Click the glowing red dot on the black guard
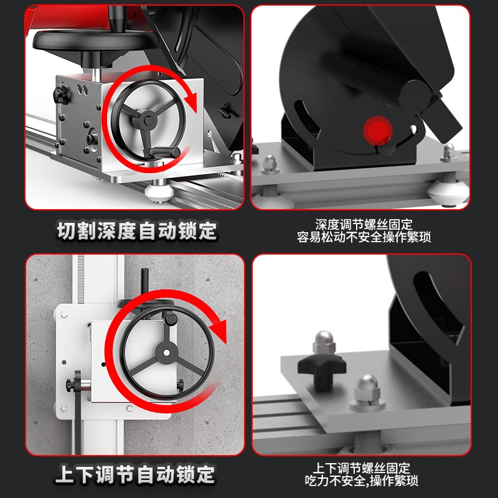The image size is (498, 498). click(378, 131)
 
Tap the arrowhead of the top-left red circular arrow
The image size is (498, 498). click(191, 100)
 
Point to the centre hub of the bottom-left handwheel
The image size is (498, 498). click(166, 352)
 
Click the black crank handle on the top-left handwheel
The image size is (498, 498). click(165, 152)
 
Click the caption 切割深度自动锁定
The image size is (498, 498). click(137, 230)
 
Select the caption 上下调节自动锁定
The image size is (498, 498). click(135, 474)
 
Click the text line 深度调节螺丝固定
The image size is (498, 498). click(364, 225)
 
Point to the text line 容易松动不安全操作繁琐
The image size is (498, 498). click(364, 237)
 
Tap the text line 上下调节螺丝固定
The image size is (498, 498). click(362, 468)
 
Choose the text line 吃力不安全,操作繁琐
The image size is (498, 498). click(362, 481)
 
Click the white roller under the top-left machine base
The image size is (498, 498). click(159, 191)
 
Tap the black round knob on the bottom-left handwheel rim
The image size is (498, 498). click(171, 318)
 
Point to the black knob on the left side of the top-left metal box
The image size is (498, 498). click(61, 95)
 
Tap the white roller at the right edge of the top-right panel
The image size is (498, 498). click(448, 192)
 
